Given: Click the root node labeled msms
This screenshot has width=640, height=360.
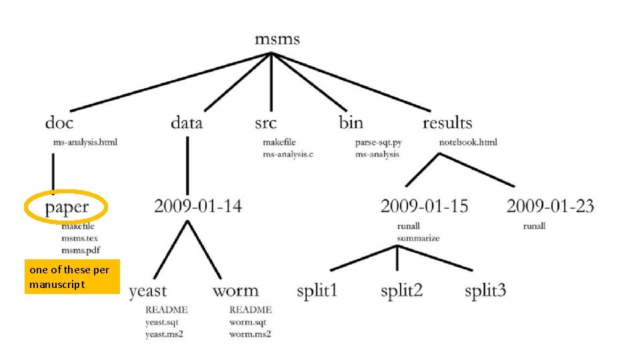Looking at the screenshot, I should coord(277,39).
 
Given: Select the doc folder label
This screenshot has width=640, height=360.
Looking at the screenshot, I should coord(59,123).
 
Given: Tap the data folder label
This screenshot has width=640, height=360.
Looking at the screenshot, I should coord(187,123).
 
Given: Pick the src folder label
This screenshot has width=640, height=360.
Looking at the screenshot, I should coord(265,123).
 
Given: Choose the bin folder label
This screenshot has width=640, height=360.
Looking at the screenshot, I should coord(351,123).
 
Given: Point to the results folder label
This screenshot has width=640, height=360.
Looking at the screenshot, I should coord(447,123).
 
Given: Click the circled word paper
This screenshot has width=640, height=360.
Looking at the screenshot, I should coord(67,207).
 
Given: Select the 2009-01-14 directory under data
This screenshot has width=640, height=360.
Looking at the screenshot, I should coord(198,206).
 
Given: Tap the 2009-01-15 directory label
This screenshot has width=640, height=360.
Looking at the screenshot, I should coord(424,206).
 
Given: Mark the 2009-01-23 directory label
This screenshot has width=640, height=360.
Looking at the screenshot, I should coord(550,206).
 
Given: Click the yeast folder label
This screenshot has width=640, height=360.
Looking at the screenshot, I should coord(148,291).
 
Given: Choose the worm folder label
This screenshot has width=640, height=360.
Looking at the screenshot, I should coord(235,291).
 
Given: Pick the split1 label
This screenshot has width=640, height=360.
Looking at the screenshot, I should coord(317,291).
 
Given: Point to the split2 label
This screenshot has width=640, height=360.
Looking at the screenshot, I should coord(402,291).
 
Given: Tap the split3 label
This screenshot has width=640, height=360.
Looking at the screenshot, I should coord(485,291).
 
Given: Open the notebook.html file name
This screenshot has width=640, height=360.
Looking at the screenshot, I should coord(468,142).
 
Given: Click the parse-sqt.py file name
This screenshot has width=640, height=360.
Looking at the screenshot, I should coord(379,142).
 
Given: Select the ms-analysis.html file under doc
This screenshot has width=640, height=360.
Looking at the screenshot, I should coord(85,142).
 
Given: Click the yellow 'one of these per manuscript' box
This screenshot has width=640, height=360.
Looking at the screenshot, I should coord(72,277).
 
